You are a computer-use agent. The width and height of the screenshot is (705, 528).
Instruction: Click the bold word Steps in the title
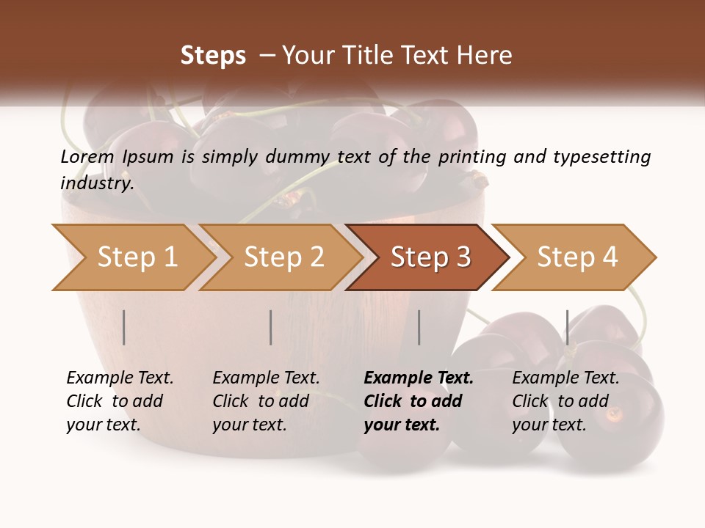click(213, 56)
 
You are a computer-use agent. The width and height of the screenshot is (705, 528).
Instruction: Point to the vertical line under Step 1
click(124, 327)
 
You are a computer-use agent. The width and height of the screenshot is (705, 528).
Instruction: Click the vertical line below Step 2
click(271, 327)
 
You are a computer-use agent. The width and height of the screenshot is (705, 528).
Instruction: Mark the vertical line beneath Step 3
click(419, 327)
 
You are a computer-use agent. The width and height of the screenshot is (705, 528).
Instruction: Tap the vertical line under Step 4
click(567, 327)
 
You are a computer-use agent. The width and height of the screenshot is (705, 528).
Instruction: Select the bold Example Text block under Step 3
click(418, 401)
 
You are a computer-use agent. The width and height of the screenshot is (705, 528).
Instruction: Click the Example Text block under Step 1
click(120, 401)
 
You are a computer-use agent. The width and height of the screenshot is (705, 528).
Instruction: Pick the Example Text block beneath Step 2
click(266, 401)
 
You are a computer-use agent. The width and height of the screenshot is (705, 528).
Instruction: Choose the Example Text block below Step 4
click(565, 401)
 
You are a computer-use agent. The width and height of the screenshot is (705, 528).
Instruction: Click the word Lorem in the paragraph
click(87, 157)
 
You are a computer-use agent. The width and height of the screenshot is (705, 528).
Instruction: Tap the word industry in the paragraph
click(96, 183)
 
